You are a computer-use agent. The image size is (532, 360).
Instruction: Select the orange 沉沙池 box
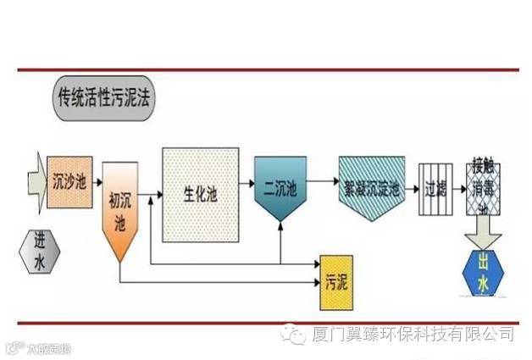point(67,180)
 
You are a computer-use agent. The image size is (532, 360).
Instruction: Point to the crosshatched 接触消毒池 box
point(485,187)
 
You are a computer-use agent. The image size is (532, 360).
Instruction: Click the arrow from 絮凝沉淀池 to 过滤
point(410,186)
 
